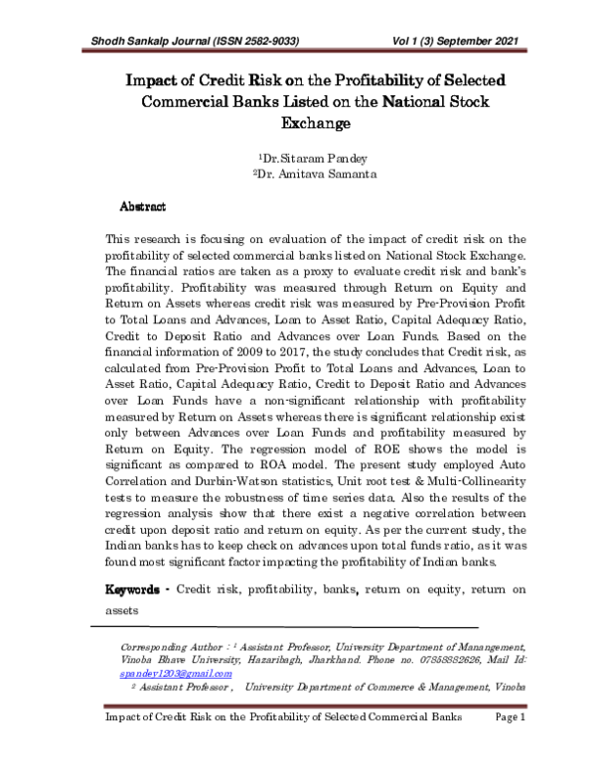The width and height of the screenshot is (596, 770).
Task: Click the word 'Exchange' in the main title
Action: [298, 124]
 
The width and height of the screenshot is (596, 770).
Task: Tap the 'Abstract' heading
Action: [142, 206]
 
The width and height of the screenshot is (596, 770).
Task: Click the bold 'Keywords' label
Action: [134, 590]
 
